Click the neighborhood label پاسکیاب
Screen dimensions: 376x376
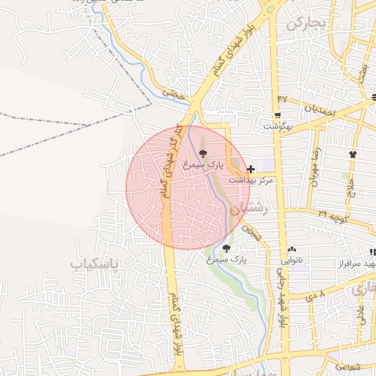tap(99, 263)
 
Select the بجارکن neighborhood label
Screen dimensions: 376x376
tap(306, 23)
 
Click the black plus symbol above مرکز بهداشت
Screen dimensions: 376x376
tap(251, 169)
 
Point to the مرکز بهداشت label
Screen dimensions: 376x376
tap(251, 180)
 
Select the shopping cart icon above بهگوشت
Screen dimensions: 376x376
tap(277, 115)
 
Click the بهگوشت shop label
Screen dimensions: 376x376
tap(278, 126)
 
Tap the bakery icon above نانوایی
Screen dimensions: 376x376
tap(292, 250)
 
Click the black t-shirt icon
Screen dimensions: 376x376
tap(353, 154)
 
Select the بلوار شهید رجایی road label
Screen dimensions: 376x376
tap(281, 301)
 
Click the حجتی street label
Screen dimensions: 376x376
tap(172, 94)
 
